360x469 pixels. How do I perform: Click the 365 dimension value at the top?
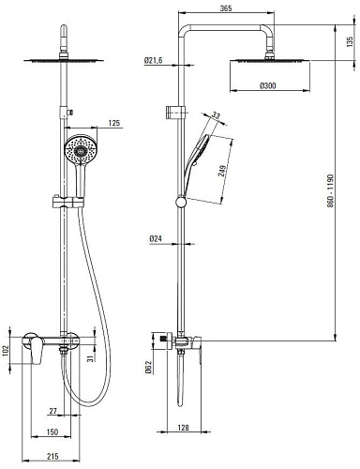click(x=226, y=8)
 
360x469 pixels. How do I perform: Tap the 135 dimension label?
click(x=350, y=41)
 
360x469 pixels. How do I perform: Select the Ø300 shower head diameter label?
click(x=268, y=85)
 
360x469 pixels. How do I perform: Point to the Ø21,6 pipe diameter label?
click(x=154, y=60)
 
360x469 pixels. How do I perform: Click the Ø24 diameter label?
click(x=156, y=239)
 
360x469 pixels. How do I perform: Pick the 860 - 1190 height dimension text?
click(x=330, y=190)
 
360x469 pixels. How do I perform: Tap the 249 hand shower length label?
click(x=222, y=170)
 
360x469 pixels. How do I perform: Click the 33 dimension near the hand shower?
click(x=216, y=115)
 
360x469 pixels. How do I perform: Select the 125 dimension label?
click(x=113, y=123)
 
